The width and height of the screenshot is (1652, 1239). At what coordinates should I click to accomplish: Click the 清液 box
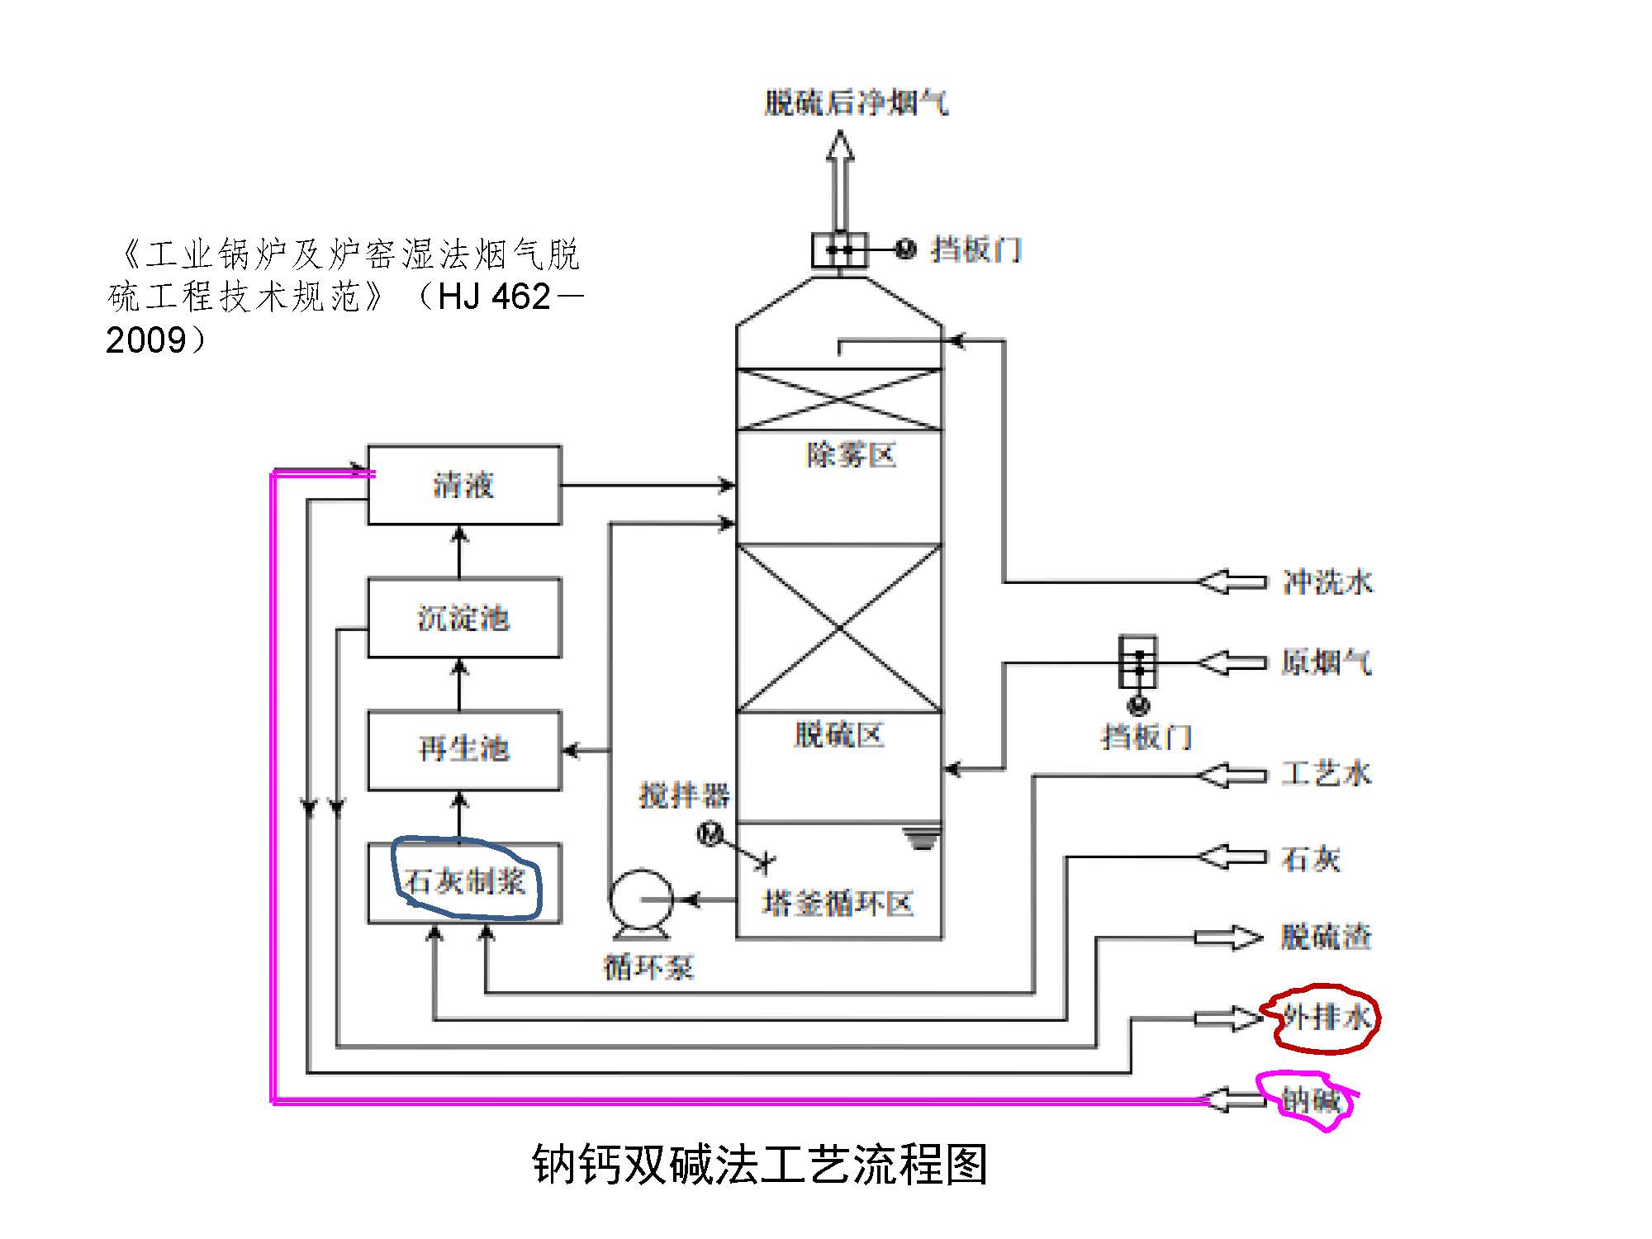tap(464, 485)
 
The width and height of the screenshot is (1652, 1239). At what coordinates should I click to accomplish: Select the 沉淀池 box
tap(464, 618)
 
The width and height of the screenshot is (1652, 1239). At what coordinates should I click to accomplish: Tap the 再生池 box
tap(464, 749)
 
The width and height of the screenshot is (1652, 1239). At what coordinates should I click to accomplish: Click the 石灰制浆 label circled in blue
tap(465, 881)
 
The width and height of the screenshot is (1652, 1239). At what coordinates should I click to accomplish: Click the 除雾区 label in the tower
tap(851, 455)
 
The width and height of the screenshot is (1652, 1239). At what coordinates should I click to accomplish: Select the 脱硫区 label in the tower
tap(839, 734)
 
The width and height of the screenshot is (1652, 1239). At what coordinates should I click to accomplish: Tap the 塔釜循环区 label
tap(838, 904)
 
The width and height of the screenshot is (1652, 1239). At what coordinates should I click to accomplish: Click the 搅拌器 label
tap(684, 795)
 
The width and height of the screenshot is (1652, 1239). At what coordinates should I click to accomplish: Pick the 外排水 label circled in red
tap(1327, 1017)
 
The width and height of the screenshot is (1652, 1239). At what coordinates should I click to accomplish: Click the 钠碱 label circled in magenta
tap(1310, 1100)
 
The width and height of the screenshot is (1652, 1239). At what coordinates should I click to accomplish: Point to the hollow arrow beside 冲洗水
tap(1232, 582)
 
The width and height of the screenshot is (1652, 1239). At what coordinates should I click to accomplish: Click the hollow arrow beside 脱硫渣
tap(1229, 938)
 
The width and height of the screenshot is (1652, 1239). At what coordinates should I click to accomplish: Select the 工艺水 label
tap(1326, 774)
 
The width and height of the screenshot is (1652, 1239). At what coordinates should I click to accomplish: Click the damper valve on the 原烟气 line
tap(1138, 662)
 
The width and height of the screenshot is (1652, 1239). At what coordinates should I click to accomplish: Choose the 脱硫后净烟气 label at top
tap(856, 102)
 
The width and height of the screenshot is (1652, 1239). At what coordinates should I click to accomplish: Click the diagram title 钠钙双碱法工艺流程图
tap(760, 1165)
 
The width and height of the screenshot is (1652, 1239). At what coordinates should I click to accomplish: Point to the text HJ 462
tap(494, 297)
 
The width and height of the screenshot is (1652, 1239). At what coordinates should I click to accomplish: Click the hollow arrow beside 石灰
tap(1232, 857)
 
